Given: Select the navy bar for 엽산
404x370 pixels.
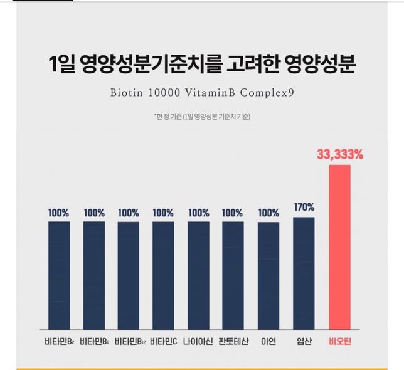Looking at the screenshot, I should tap(304, 272).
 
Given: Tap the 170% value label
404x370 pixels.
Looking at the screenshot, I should tap(304, 207).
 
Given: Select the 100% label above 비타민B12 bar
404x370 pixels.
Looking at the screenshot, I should tap(129, 212).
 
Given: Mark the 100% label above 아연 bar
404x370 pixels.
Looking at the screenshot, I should tap(268, 212).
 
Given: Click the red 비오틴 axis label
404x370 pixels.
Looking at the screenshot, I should tap(340, 342).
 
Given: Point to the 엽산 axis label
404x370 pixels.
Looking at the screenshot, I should tap(304, 342).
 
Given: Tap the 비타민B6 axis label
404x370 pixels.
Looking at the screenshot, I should tap(94, 342).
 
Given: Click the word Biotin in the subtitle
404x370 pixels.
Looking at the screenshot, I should tap(128, 94).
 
